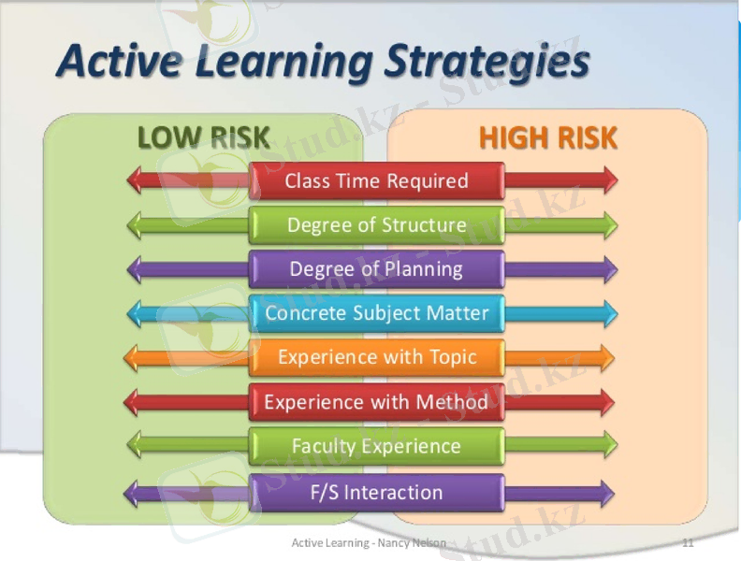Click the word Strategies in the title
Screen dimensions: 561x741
(487, 63)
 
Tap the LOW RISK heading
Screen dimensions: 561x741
(203, 138)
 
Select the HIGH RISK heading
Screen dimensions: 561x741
(547, 138)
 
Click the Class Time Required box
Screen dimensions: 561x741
(376, 180)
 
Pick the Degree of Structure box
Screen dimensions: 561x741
(376, 225)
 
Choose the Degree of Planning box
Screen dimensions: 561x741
(376, 269)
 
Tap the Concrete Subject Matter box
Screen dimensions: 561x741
(376, 313)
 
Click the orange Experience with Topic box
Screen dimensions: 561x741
(376, 357)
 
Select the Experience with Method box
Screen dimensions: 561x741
(376, 402)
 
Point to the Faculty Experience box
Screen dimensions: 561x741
(376, 446)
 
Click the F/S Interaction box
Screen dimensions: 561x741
(376, 492)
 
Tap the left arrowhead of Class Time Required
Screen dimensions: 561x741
(134, 180)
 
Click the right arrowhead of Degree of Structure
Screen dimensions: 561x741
(610, 225)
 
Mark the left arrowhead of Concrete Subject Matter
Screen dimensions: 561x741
(134, 313)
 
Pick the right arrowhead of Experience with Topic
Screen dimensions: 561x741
(607, 357)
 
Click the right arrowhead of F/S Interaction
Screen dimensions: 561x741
(607, 492)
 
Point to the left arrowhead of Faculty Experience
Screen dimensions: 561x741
(134, 446)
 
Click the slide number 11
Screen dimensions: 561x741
(689, 542)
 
